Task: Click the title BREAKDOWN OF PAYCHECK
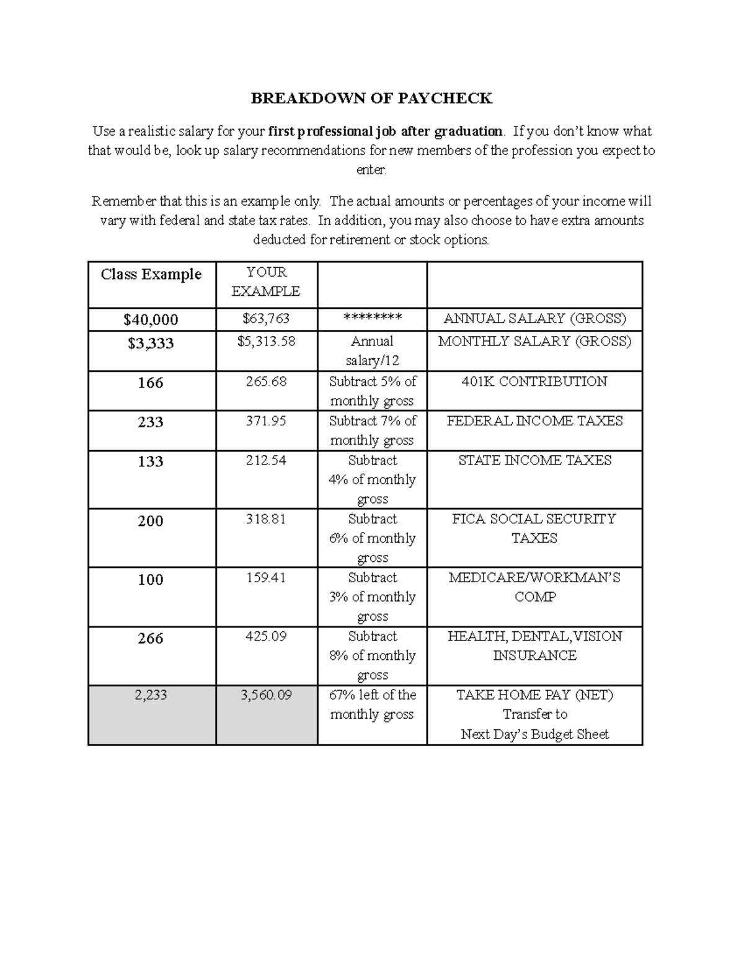(x=371, y=98)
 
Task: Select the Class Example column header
(x=151, y=274)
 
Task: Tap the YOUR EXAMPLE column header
(x=266, y=282)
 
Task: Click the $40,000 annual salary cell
(x=151, y=319)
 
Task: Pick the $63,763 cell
(x=266, y=319)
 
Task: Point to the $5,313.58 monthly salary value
(x=266, y=341)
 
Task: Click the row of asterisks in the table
(x=372, y=319)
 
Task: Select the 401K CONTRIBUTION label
(x=534, y=381)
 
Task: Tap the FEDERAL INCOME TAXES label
(x=534, y=421)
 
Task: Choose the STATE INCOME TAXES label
(x=534, y=460)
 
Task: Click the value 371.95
(x=266, y=421)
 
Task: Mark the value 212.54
(x=266, y=460)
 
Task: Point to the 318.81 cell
(x=266, y=519)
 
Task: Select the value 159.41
(x=266, y=577)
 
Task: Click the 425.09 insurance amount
(x=266, y=636)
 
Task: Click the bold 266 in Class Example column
(x=151, y=638)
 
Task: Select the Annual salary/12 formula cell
(x=372, y=350)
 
